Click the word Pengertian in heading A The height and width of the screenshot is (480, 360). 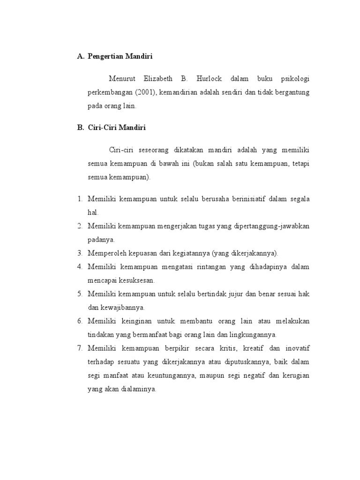(x=105, y=57)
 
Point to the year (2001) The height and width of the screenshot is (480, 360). (x=145, y=92)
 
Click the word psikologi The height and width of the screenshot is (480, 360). (x=293, y=79)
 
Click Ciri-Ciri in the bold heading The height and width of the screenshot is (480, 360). (x=102, y=127)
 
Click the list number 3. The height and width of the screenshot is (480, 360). (x=80, y=253)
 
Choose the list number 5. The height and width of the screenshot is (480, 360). (x=80, y=294)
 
